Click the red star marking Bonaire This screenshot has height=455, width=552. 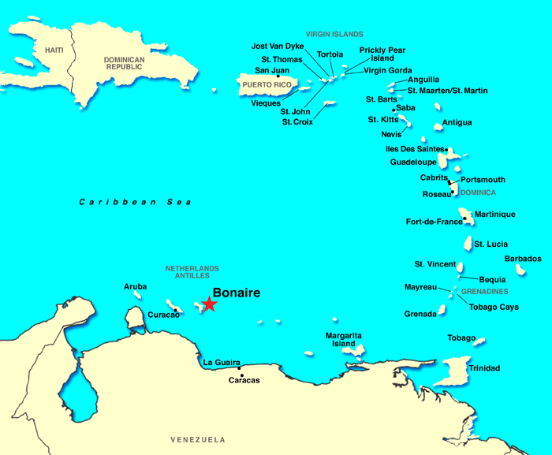pos(209,304)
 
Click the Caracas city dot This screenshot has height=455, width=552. pos(240,367)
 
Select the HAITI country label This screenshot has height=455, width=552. pos(54,50)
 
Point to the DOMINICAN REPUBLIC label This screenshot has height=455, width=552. pos(125,65)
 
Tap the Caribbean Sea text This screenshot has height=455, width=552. pos(136,203)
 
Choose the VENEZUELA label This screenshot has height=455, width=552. pos(198,439)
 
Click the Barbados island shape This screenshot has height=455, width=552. pos(520,270)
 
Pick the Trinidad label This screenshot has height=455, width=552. pos(484,368)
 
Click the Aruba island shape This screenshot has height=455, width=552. pos(138,295)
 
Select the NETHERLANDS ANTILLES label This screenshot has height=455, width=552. pos(192,272)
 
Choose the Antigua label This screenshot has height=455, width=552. pos(457,122)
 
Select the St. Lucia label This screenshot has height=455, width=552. pos(490,244)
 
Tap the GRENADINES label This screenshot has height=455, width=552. pos(483,292)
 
